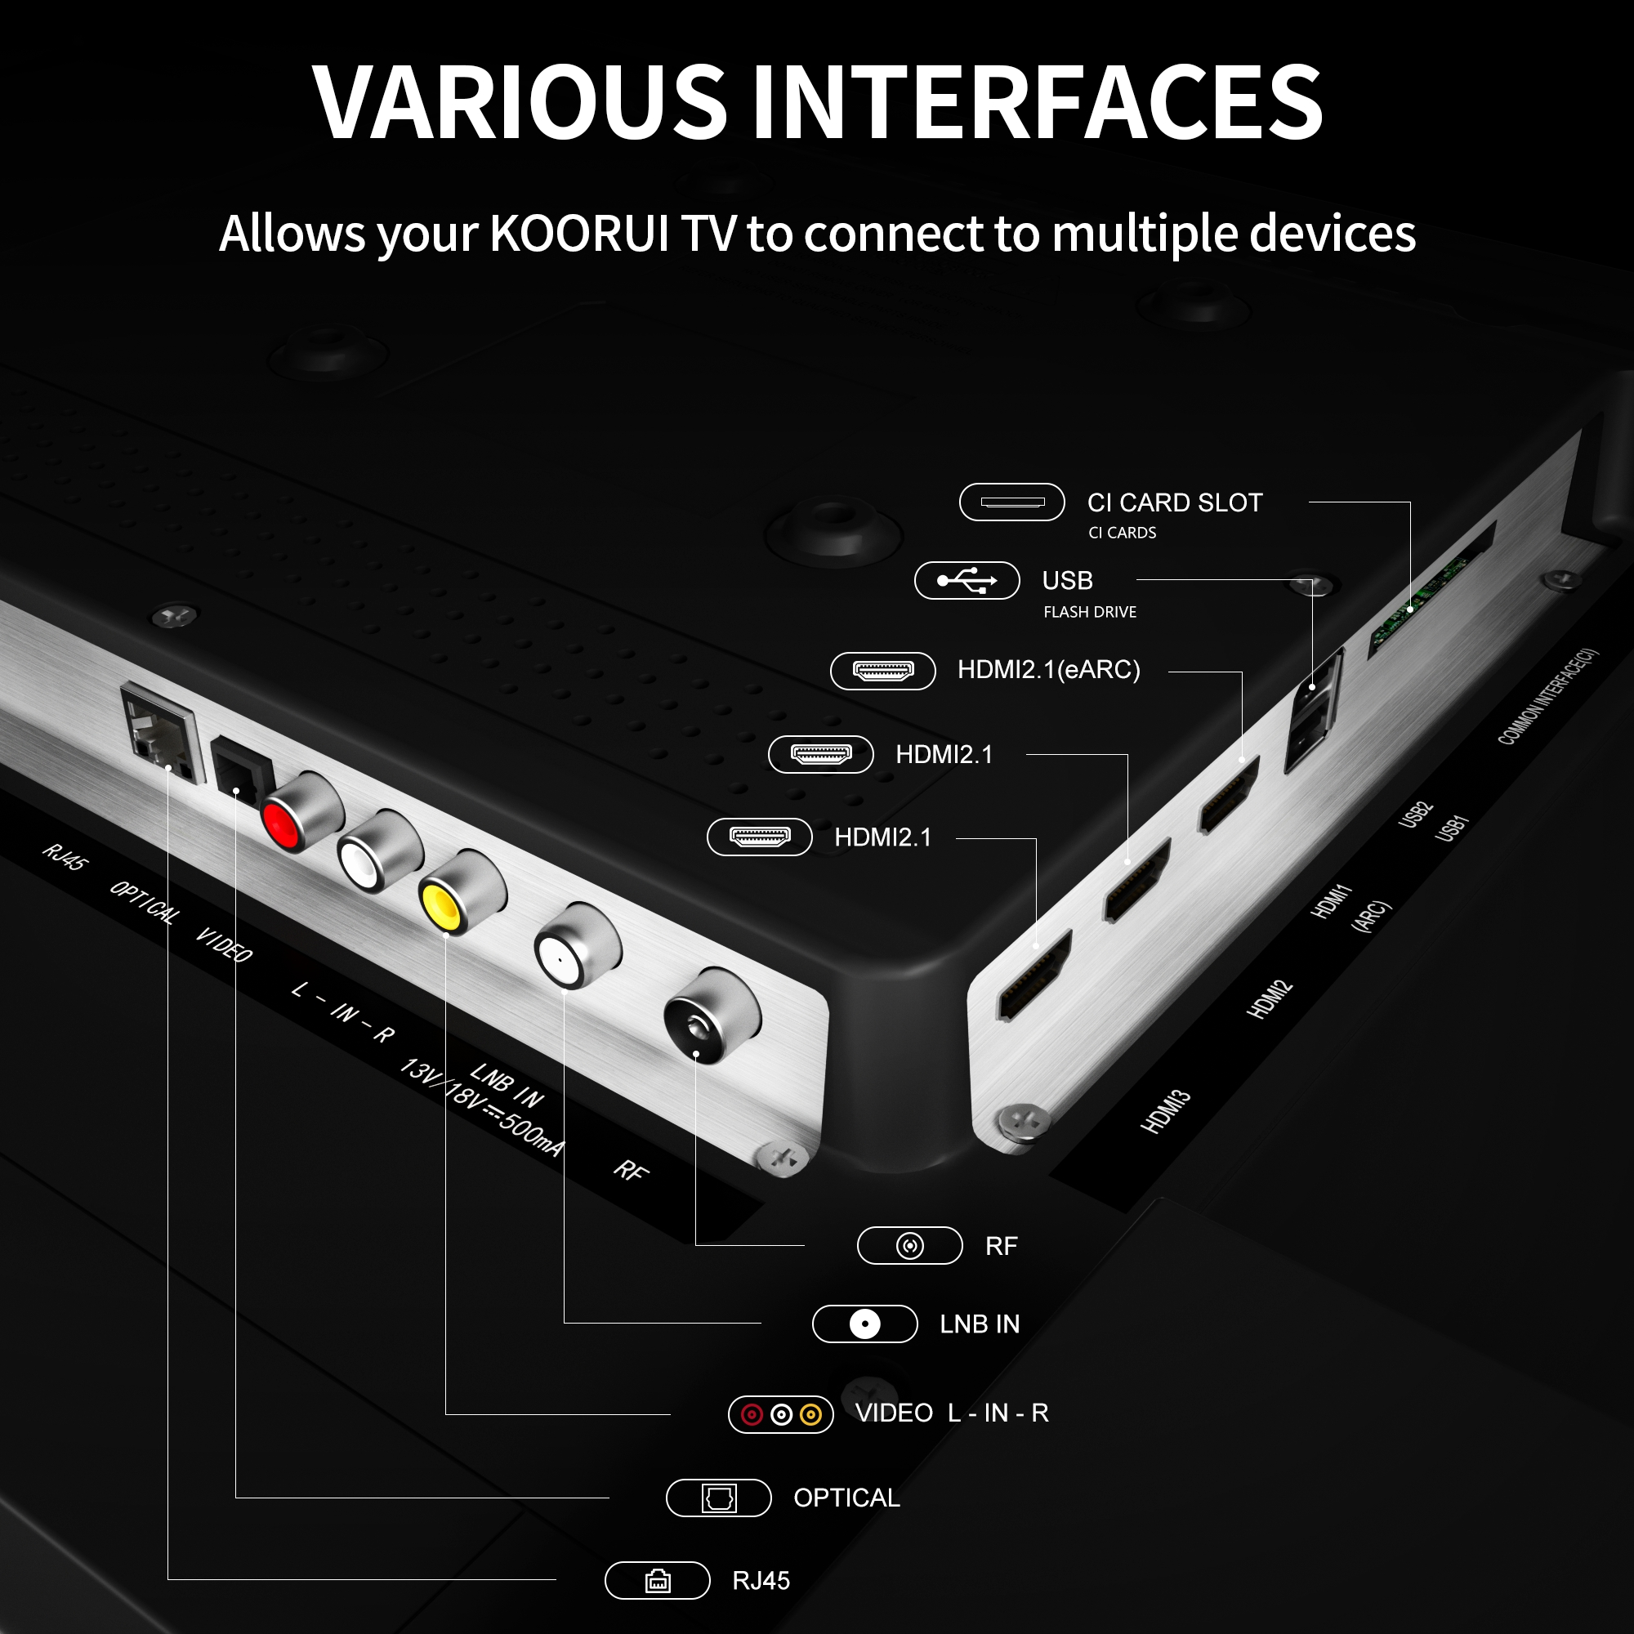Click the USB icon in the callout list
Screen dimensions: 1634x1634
point(967,580)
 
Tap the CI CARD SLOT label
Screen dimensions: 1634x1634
point(1175,502)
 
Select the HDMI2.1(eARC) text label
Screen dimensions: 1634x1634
point(1049,670)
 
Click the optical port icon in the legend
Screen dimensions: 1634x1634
point(719,1498)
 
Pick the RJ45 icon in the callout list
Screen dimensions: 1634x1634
point(657,1581)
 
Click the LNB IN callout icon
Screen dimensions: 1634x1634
point(864,1324)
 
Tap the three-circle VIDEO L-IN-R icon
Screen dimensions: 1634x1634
point(780,1414)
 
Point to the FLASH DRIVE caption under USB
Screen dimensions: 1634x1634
point(1089,612)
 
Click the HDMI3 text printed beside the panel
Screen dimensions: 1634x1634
point(1166,1111)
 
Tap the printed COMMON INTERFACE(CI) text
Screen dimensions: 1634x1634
point(1547,696)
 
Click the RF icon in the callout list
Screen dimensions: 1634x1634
point(910,1246)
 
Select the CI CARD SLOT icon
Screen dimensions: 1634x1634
point(1011,502)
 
